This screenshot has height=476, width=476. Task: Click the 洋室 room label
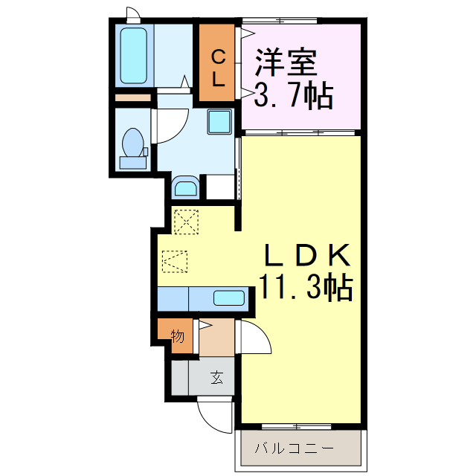click(286, 63)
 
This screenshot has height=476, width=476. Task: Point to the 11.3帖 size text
click(306, 286)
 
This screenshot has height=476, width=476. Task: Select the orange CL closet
click(217, 63)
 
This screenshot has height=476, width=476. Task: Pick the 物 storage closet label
click(178, 336)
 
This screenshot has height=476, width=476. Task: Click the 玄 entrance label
click(216, 378)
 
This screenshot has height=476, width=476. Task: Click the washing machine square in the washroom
click(219, 120)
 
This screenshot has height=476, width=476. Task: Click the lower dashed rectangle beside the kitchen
click(176, 260)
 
